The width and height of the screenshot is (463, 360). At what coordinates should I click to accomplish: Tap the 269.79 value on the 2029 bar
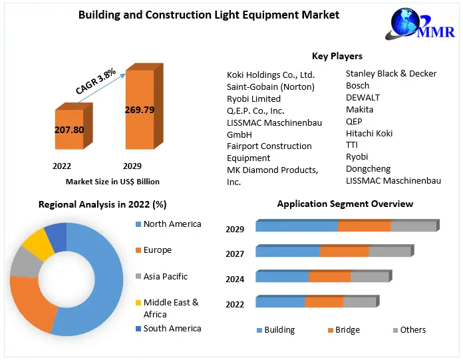pos(140,110)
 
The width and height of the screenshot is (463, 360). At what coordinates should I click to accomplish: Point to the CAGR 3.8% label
pos(96,81)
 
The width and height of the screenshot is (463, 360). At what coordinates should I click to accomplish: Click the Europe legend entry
pos(157,250)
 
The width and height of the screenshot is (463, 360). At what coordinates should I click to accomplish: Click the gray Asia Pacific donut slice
pos(24,263)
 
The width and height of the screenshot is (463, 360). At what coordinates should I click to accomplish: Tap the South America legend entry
pos(172,328)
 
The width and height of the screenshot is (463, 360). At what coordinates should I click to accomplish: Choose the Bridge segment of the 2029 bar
pos(364,226)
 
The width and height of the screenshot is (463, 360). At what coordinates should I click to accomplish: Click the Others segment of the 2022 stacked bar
pos(360,302)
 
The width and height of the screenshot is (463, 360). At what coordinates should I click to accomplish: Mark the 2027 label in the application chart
pos(235,254)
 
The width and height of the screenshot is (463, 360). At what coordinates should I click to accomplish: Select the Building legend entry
pos(279,329)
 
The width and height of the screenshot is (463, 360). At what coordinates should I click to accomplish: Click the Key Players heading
pos(337,56)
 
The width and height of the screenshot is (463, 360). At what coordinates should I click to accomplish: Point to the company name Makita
pos(359,109)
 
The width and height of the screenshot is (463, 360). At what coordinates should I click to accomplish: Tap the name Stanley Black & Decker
pos(390,74)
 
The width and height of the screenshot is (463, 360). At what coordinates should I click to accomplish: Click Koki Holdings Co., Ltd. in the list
pos(271,75)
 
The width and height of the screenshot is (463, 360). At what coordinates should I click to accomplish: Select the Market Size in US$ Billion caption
pos(112,181)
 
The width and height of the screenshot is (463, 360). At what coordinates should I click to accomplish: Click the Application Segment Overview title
pos(345,204)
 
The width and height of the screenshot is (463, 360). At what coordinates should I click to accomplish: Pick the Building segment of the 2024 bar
pos(282,277)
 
